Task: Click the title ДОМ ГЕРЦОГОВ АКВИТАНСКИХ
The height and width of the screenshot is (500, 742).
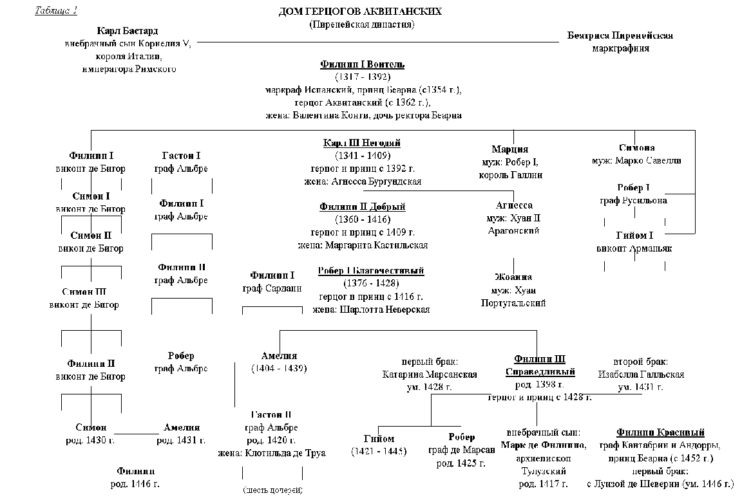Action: pyautogui.click(x=361, y=12)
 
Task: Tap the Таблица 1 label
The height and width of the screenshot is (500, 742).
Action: pyautogui.click(x=56, y=10)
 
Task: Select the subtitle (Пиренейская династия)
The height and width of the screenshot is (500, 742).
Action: pyautogui.click(x=361, y=24)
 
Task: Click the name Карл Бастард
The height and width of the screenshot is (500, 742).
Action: pyautogui.click(x=128, y=31)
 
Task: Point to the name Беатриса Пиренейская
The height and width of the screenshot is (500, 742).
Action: pyautogui.click(x=620, y=35)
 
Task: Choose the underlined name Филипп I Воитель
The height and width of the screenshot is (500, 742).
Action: pyautogui.click(x=362, y=64)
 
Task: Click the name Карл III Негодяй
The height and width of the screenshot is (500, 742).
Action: pyautogui.click(x=362, y=143)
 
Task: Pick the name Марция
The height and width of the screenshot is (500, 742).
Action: pyautogui.click(x=510, y=149)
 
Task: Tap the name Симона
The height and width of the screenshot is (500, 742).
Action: pyautogui.click(x=636, y=148)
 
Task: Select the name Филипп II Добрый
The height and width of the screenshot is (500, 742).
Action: pyautogui.click(x=362, y=207)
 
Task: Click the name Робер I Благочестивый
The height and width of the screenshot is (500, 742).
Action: pyautogui.click(x=371, y=271)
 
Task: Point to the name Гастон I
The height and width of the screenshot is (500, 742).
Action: pyautogui.click(x=181, y=156)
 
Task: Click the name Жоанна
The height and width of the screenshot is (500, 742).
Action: pyautogui.click(x=513, y=277)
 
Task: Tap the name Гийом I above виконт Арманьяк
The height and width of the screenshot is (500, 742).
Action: pyautogui.click(x=634, y=236)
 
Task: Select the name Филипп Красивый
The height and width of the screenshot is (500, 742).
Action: pyautogui.click(x=660, y=432)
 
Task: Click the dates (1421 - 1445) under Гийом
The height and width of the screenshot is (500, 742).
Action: pyautogui.click(x=379, y=451)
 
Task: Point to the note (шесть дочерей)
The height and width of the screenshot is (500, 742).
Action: pyautogui.click(x=272, y=490)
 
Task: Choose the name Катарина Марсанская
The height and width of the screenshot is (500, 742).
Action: pyautogui.click(x=429, y=374)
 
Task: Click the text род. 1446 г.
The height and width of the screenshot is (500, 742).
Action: pyautogui.click(x=135, y=483)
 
